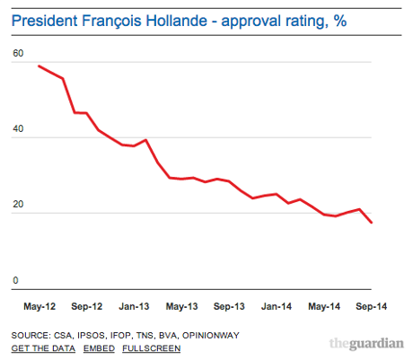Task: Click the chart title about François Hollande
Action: tap(180, 19)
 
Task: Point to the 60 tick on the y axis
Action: tap(18, 53)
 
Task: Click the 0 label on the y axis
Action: tap(15, 280)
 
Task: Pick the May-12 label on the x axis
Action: tap(39, 306)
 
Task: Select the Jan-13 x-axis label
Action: tap(133, 306)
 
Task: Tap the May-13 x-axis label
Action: tap(182, 306)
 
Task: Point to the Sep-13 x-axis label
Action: tap(229, 306)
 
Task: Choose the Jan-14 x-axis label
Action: tap(277, 306)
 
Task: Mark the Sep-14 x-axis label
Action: tap(372, 306)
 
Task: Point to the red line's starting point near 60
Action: tap(39, 66)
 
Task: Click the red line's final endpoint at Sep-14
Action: tap(372, 223)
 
